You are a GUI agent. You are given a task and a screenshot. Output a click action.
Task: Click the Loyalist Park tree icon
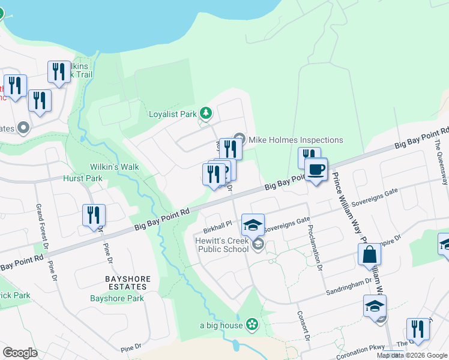pos(206,113)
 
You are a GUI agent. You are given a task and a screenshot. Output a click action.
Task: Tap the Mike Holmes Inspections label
pos(296,140)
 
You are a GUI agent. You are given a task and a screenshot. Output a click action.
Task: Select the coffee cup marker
pos(316,169)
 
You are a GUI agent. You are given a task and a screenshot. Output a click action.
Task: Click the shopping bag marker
pos(369,254)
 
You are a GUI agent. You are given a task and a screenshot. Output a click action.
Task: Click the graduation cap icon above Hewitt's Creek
pos(253,226)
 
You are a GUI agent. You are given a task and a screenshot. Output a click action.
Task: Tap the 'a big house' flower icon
pos(252,325)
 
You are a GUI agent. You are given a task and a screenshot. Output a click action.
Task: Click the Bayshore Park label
pos(117,298)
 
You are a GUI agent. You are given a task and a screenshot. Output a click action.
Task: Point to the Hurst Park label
pos(83,178)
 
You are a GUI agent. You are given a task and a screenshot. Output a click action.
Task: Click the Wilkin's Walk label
pos(115,166)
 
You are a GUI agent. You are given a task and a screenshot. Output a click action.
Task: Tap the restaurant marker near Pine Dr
pos(94,215)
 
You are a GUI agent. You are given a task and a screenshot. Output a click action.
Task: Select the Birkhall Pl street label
pos(217,225)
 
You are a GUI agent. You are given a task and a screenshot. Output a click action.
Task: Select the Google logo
pos(20,353)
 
